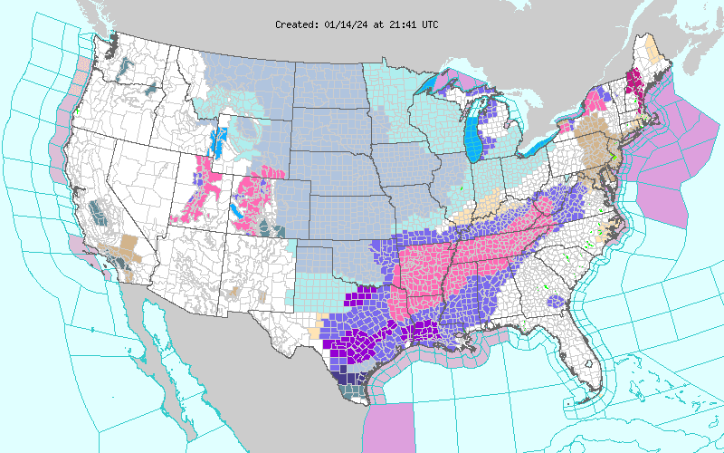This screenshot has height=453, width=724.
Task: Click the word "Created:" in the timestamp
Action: tap(296, 24)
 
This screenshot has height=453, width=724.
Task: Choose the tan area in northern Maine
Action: tap(650, 47)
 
